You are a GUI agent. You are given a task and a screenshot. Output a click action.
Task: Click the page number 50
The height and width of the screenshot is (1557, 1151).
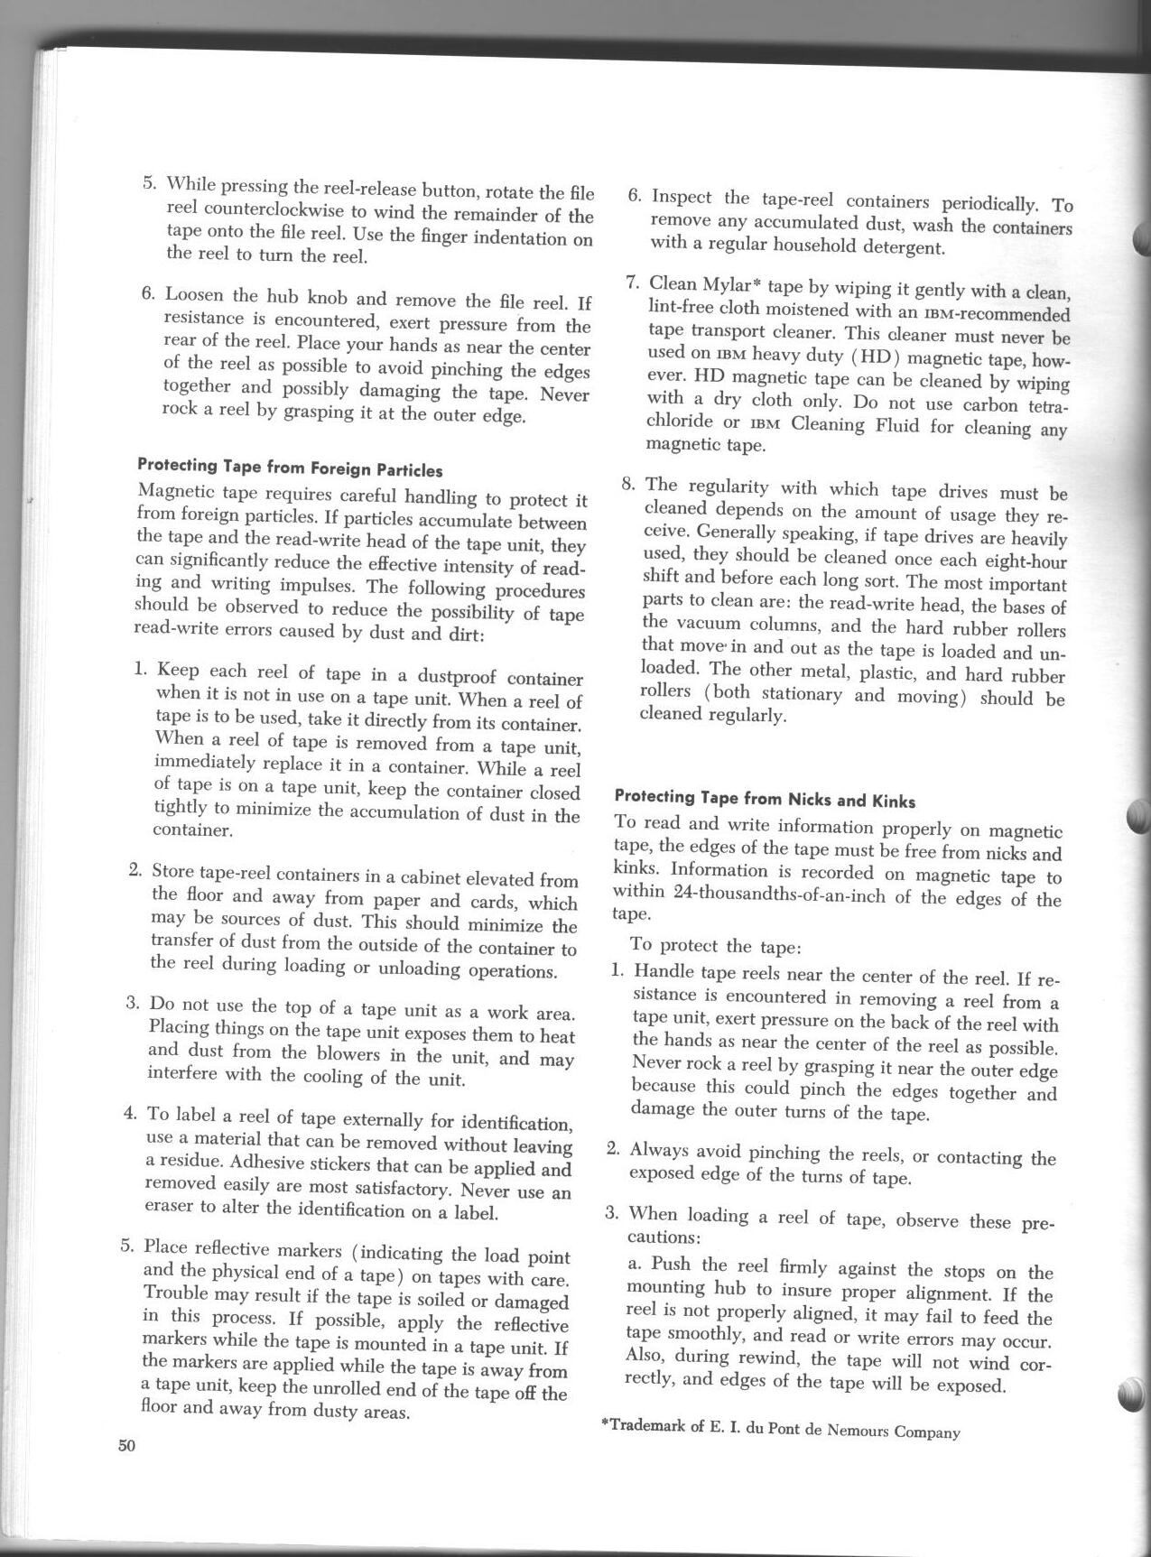tap(125, 1445)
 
